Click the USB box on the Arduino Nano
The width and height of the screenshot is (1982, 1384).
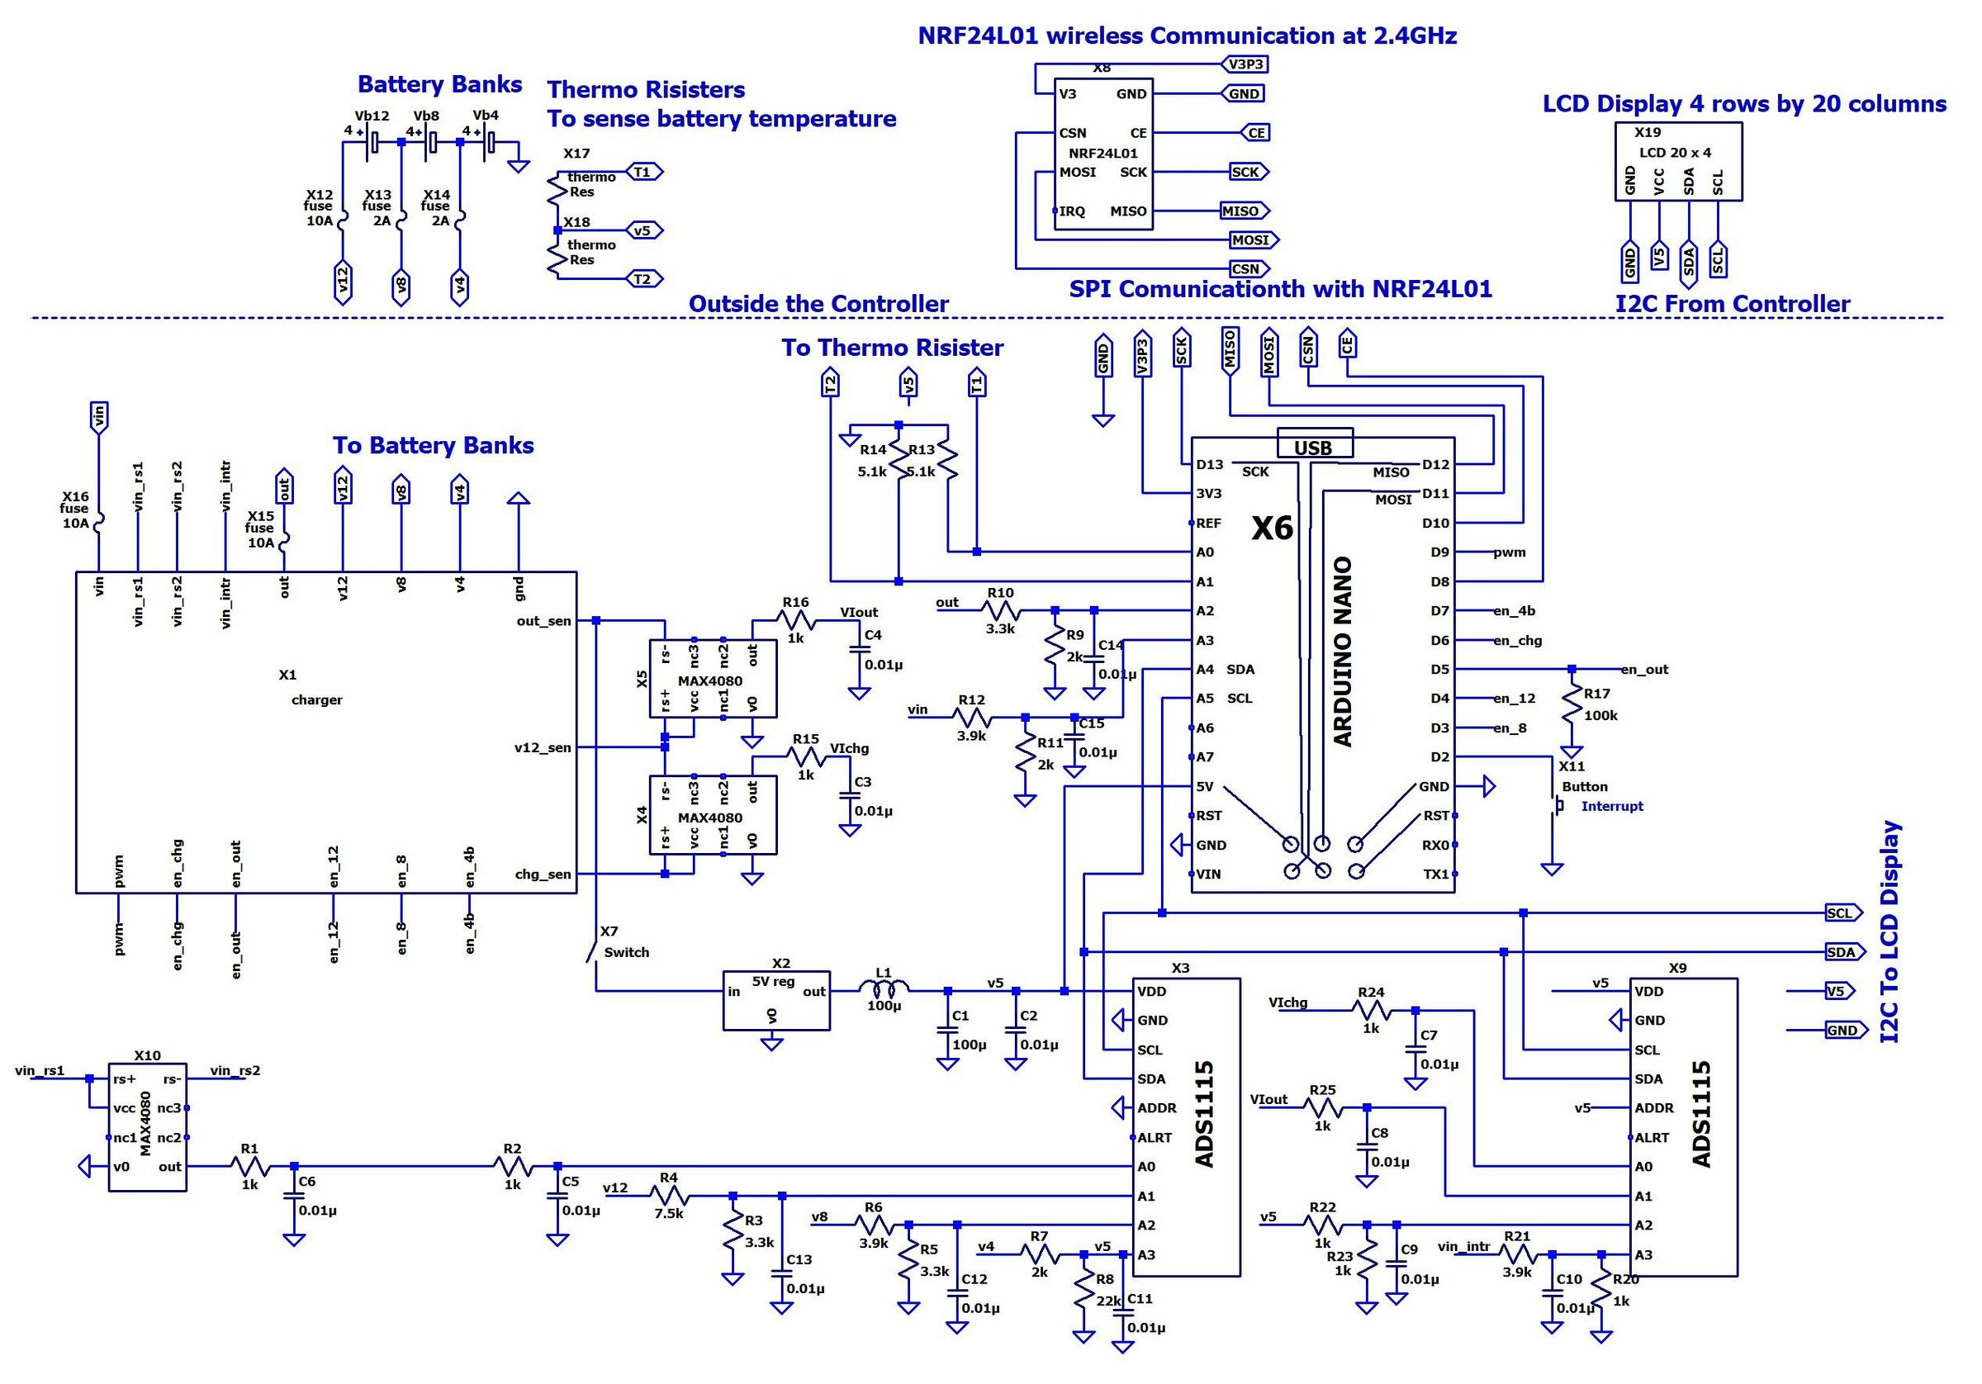point(1315,444)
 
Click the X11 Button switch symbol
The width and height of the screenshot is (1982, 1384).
point(1559,805)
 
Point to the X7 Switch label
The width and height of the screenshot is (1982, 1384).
point(625,952)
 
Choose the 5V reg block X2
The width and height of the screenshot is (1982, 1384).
point(776,999)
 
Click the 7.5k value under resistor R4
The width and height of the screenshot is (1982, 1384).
point(669,1213)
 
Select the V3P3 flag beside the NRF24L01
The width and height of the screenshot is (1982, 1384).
point(1244,64)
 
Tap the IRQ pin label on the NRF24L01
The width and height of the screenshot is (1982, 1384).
point(1072,211)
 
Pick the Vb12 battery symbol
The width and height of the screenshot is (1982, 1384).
point(373,140)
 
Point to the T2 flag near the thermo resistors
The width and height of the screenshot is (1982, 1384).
point(643,279)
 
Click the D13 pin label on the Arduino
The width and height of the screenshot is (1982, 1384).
point(1209,465)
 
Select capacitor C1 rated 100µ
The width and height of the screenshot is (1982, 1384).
point(948,1029)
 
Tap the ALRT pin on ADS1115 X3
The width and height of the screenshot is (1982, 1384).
point(1155,1137)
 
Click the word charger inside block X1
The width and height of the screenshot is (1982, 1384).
point(316,699)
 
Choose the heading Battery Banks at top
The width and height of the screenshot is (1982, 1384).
point(439,84)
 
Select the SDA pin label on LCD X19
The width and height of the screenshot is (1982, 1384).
point(1689,182)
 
